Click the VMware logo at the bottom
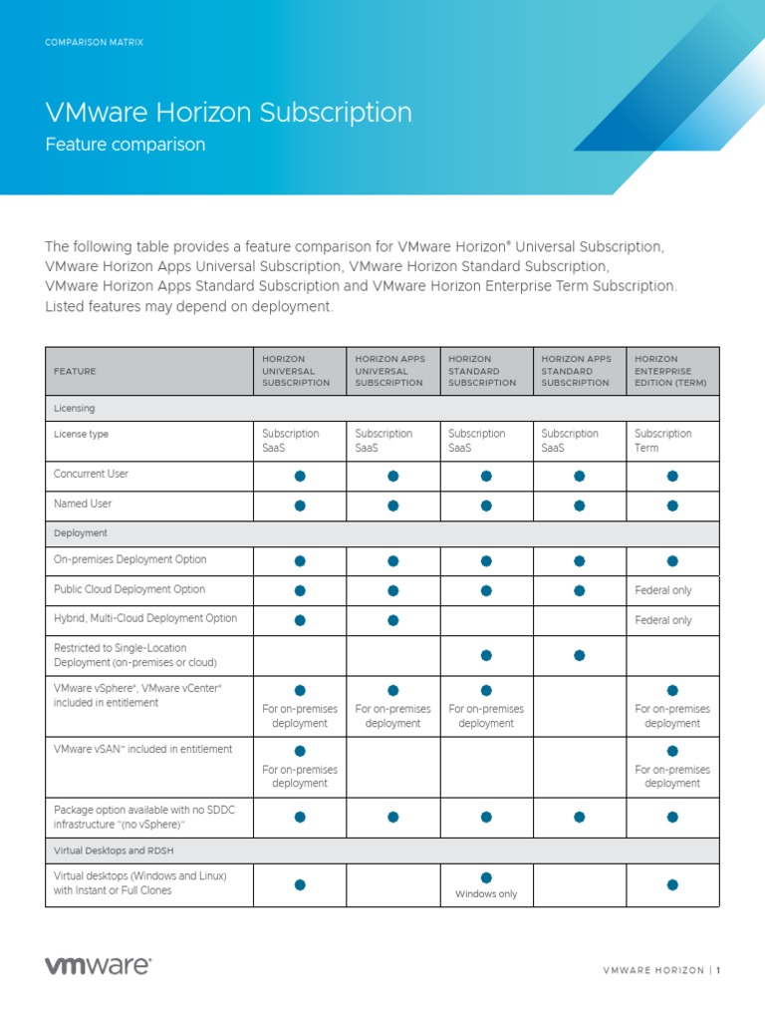tap(98, 965)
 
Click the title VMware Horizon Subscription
tap(228, 112)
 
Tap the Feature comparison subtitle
tap(126, 145)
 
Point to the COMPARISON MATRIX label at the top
tap(94, 43)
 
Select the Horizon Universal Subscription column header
tap(296, 371)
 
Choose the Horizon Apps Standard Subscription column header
tap(577, 371)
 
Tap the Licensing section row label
tap(75, 408)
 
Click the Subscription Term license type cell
tap(663, 441)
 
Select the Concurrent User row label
tap(91, 474)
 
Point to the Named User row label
tap(83, 504)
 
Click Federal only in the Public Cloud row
tap(663, 590)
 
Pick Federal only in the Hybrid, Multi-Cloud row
tap(663, 620)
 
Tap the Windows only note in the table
tap(486, 894)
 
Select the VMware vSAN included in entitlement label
tap(143, 749)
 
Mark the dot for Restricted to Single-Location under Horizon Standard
tap(486, 655)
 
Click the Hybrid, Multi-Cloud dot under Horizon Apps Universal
tap(393, 620)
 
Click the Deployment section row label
tap(81, 533)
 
